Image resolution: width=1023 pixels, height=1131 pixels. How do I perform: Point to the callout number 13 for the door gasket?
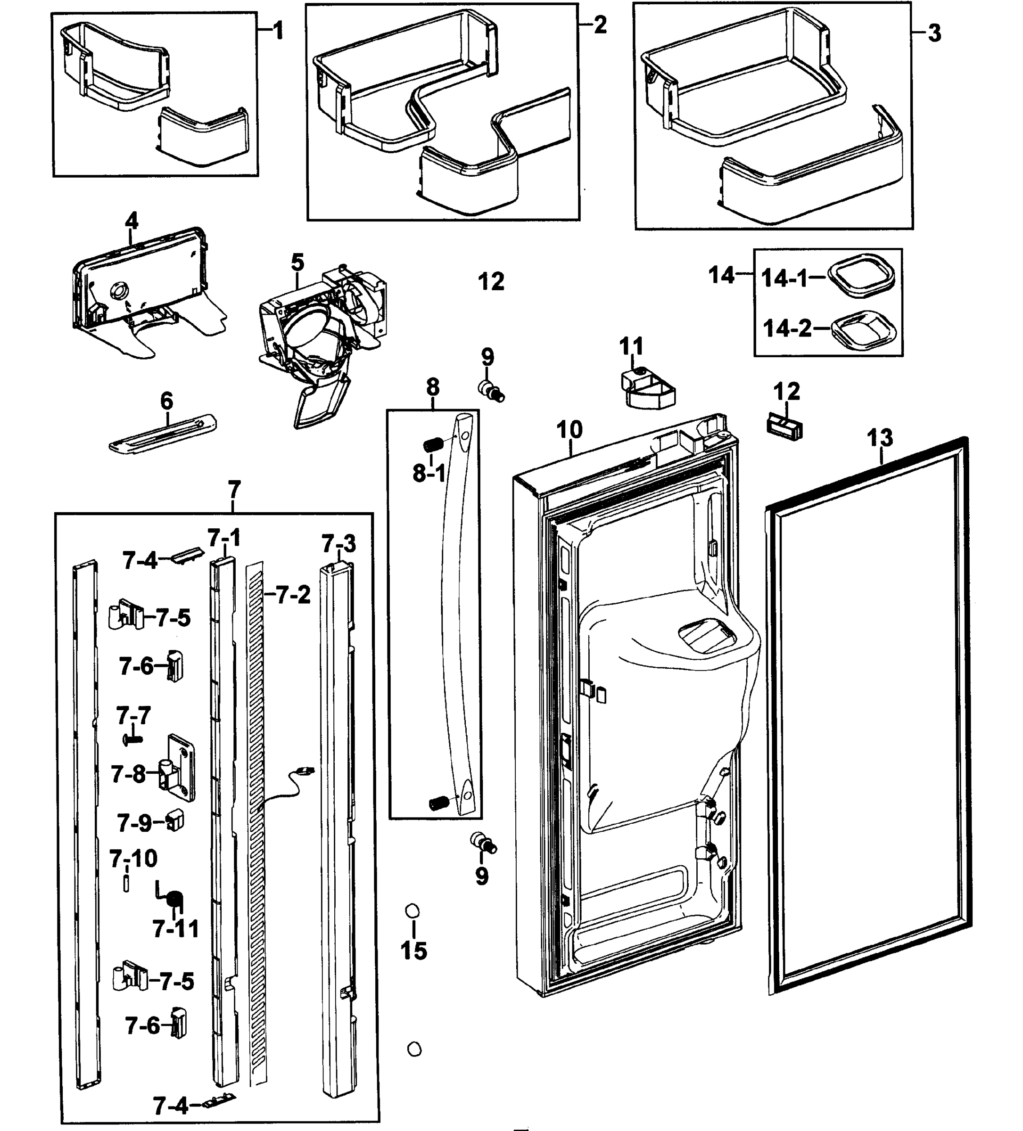(x=879, y=438)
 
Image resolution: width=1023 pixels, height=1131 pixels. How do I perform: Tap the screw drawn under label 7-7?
(x=132, y=740)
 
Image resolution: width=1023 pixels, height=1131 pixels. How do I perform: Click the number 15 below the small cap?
(x=413, y=951)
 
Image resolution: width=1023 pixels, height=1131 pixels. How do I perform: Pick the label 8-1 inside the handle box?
(x=429, y=474)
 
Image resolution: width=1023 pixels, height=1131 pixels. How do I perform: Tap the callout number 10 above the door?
(x=569, y=430)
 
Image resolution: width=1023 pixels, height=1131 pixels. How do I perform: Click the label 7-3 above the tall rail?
(x=338, y=544)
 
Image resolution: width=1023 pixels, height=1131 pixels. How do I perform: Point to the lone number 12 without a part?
(x=491, y=282)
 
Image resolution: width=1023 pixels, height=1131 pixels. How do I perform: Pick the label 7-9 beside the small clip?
(x=134, y=823)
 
